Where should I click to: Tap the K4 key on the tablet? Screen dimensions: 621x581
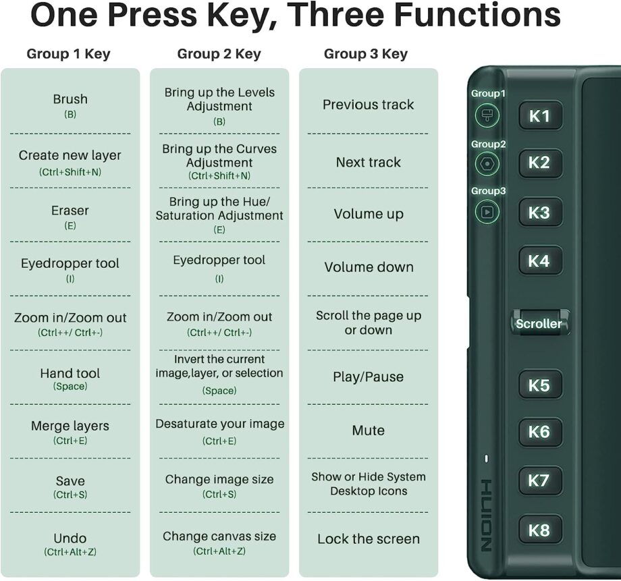point(540,260)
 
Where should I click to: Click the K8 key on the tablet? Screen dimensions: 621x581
point(540,530)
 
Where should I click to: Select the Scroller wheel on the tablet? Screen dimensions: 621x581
point(540,323)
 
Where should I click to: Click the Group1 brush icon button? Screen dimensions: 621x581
point(487,115)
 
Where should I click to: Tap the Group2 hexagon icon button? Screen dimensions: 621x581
point(487,163)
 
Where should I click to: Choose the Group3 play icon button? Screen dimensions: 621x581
point(487,211)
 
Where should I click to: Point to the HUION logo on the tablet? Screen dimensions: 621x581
point(487,516)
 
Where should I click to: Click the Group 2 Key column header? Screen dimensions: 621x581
point(219,54)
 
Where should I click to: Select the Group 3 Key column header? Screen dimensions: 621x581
point(366,54)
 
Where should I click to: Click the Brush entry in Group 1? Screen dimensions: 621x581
point(70,105)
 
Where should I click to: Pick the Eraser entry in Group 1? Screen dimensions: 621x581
point(70,217)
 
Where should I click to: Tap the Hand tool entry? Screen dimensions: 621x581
point(70,379)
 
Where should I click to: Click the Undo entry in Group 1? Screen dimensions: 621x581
point(70,544)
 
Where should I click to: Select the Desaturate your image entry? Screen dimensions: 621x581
point(219,431)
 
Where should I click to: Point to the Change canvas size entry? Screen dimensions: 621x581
point(219,543)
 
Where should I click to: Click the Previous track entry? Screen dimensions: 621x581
point(369,105)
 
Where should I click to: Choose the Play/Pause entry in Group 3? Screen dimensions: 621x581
point(369,377)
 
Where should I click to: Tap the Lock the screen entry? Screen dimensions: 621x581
point(369,538)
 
